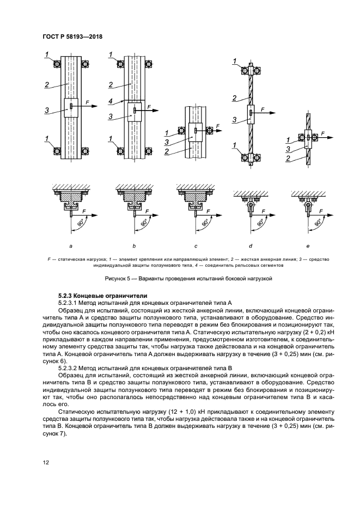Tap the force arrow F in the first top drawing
coord(87,101)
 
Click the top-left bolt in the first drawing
coord(57,64)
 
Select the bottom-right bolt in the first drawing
coord(84,151)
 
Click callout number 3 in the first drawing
coord(48,111)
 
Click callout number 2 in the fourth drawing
coord(234,98)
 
